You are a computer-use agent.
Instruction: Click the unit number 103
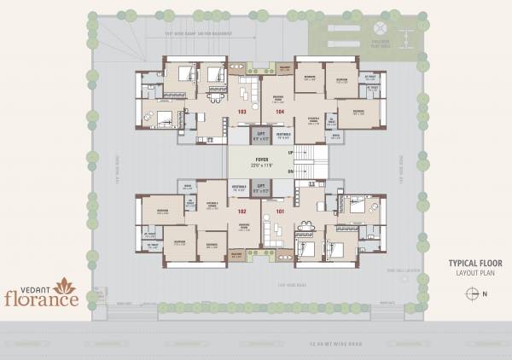pyautogui.click(x=242, y=113)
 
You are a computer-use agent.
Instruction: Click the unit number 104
pyautogui.click(x=278, y=113)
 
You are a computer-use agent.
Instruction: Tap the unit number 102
pyautogui.click(x=242, y=211)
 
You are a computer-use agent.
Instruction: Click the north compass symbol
pyautogui.click(x=471, y=293)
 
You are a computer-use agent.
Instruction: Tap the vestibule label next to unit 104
pyautogui.click(x=283, y=136)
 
